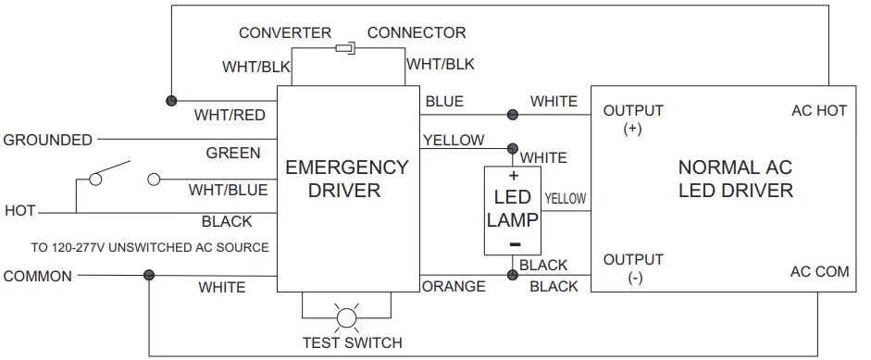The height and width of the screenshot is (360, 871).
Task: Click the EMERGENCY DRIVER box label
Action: tap(346, 179)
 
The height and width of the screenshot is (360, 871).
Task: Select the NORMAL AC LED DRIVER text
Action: tap(735, 179)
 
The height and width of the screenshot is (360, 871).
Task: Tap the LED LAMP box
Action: tap(512, 210)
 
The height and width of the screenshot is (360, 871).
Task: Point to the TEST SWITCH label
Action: tap(352, 342)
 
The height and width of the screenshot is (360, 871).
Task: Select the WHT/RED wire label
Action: tap(229, 116)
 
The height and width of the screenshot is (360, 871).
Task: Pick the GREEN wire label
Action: tap(232, 153)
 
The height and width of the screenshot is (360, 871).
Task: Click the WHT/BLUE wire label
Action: tap(228, 191)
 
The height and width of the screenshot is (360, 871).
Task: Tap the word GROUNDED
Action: tap(48, 141)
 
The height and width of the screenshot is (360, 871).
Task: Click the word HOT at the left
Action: tap(19, 211)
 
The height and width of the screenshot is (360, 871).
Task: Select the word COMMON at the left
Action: tap(37, 276)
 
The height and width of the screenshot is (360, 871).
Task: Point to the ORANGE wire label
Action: tap(454, 287)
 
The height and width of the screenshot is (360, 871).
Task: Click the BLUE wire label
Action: tap(444, 102)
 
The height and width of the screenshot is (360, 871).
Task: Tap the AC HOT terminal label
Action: tap(819, 111)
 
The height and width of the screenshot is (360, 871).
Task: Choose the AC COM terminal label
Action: tap(819, 272)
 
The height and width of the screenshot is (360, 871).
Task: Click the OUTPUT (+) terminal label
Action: tap(633, 119)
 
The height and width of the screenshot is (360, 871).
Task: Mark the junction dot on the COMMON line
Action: tap(148, 275)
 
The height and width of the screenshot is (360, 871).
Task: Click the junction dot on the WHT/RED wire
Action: tap(170, 99)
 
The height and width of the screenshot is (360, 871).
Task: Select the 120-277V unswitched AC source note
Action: tap(150, 247)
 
